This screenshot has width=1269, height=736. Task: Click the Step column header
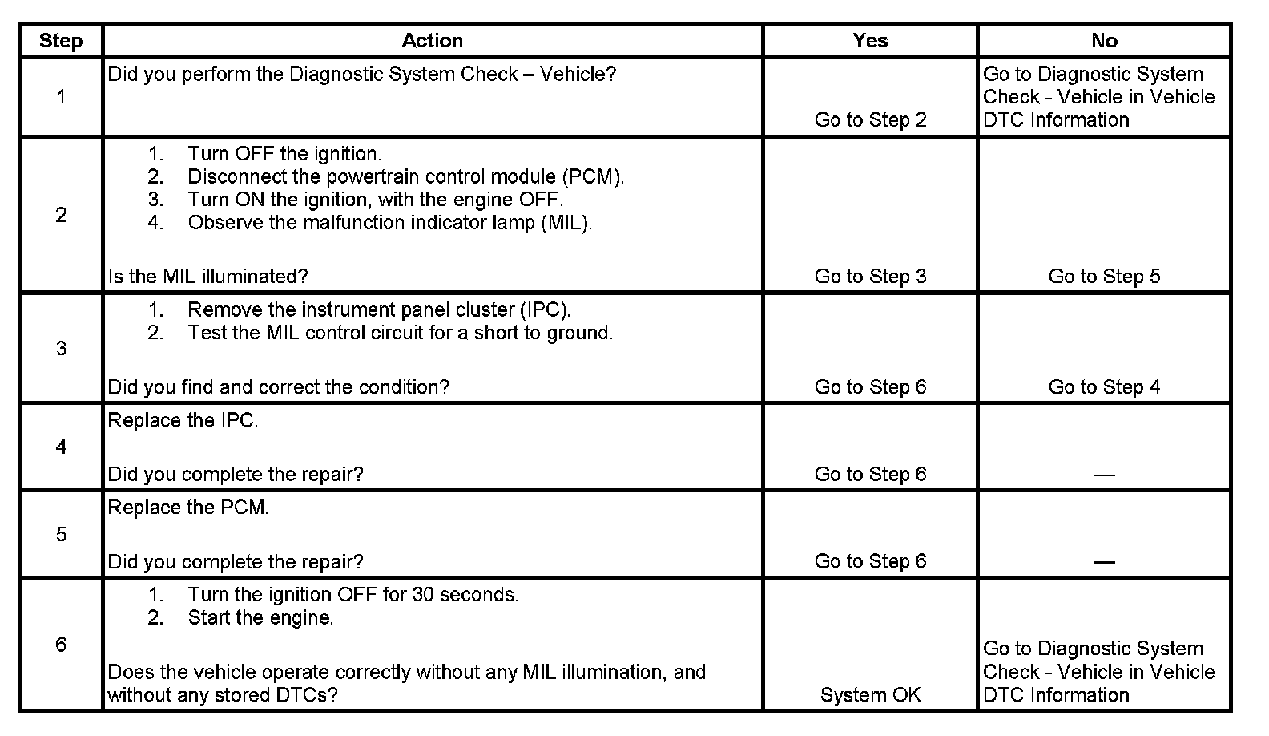[x=61, y=41]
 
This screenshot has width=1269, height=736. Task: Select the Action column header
[x=432, y=41]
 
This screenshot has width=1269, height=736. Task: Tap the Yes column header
[x=870, y=41]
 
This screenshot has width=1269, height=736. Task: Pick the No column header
[x=1104, y=41]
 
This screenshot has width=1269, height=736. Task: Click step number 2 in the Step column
[x=61, y=215]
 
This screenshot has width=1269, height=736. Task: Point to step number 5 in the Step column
[x=61, y=534]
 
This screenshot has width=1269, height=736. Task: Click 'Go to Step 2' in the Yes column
[x=870, y=120]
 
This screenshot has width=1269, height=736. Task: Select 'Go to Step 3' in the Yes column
[x=870, y=277]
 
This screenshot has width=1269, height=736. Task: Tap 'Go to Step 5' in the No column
[x=1104, y=277]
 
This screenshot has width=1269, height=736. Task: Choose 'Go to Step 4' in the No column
[x=1104, y=387]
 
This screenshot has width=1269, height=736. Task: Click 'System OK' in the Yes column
[x=870, y=695]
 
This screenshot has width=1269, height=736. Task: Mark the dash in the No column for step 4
[x=1104, y=475]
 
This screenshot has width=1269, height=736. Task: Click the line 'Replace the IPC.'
[x=183, y=421]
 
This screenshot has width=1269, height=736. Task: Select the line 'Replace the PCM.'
[x=188, y=508]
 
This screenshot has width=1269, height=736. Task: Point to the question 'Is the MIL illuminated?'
[x=207, y=277]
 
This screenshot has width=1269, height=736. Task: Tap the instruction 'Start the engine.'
[x=260, y=618]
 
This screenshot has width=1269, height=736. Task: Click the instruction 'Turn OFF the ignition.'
[x=284, y=154]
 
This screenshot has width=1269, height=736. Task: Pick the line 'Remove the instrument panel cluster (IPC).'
[x=379, y=310]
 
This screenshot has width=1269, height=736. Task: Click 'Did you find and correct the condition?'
[x=279, y=387]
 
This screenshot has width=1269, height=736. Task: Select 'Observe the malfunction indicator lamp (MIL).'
[x=390, y=223]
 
